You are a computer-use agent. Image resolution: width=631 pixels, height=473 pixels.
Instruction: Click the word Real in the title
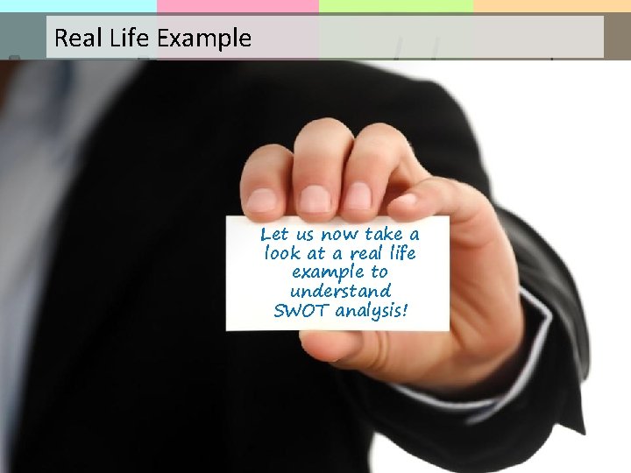coord(74,39)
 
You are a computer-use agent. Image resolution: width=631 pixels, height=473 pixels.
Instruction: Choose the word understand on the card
coord(339,291)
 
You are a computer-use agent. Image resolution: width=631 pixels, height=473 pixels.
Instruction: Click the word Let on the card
coord(274,235)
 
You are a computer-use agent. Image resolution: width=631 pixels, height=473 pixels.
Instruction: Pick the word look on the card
coord(281,254)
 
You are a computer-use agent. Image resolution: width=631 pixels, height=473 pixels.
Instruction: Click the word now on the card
coord(339,235)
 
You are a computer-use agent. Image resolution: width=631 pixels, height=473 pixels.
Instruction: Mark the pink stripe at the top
coord(238,6)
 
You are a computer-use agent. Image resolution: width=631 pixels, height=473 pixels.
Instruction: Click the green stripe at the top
coord(395,6)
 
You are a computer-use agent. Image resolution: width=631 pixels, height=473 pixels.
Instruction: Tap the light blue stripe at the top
coord(78,6)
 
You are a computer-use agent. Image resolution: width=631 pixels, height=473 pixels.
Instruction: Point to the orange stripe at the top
coord(551,6)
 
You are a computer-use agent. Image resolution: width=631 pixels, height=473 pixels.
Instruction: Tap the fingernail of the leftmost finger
coord(261,201)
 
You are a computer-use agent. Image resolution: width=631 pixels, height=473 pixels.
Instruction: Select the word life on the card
coord(400,254)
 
